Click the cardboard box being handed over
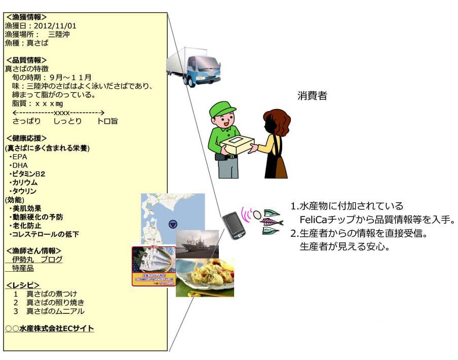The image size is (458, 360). pos(237,144)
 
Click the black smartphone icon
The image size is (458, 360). pos(234,226)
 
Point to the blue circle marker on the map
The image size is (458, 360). pos(172,224)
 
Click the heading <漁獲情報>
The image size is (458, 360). pos(26,17)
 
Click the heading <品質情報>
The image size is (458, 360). pos(26,60)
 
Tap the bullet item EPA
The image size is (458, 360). pos(20,157)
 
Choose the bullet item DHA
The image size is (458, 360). pos(20,165)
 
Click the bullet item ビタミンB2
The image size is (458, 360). pos(28,174)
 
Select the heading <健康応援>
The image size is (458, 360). pos(26,138)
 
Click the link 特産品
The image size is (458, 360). pos(23,268)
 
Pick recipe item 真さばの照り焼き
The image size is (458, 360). pos(55,303)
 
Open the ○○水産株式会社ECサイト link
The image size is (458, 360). pos(50,329)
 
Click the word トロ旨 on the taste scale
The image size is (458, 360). pos(107,122)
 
